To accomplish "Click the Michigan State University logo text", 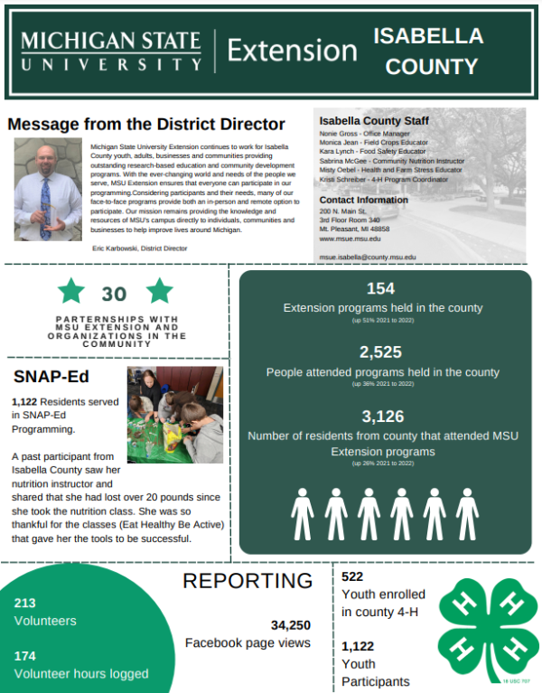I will coord(110,52).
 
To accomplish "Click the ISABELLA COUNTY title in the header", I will coord(427,51).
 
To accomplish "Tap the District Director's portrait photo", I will coord(48,189).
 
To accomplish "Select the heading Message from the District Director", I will coord(146,124).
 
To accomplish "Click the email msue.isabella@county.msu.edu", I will coord(368,258).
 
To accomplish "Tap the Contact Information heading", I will coord(363,200).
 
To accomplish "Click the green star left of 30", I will coord(71,291).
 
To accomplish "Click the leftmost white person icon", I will coord(303,514).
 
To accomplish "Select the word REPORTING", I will coord(248,581).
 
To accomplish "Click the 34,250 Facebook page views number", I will coord(290,624).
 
